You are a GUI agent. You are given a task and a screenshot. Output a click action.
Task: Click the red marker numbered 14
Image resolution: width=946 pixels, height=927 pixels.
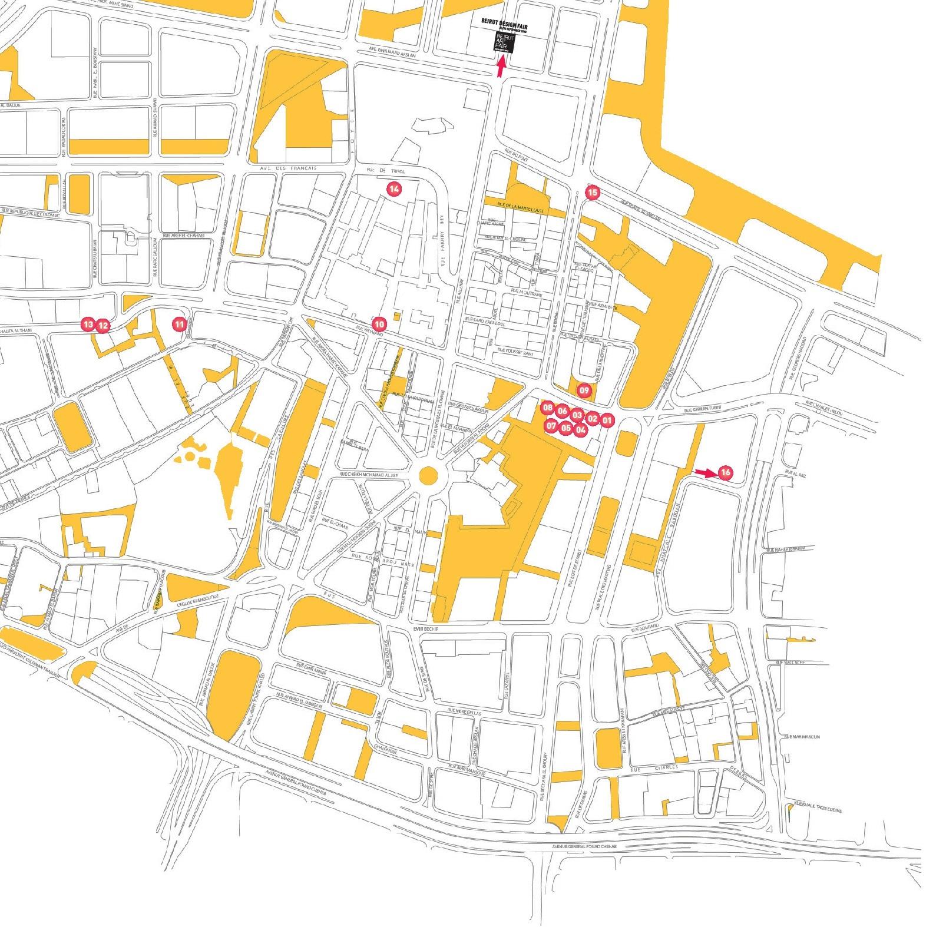coord(393,188)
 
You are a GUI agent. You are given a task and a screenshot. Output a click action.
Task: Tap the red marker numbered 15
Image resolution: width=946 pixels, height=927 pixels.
coord(593,192)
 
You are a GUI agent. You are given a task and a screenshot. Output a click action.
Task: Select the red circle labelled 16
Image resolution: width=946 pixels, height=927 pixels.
coord(725,472)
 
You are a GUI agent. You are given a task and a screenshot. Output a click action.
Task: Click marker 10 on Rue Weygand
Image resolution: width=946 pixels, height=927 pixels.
coord(379,324)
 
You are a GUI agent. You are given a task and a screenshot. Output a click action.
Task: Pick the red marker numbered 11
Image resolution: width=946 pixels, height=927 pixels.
coord(179,323)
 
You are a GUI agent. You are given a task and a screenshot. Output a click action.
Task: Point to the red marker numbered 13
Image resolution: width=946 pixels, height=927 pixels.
coord(87,324)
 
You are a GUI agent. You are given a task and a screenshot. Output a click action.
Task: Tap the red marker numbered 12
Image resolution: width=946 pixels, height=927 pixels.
coord(102,325)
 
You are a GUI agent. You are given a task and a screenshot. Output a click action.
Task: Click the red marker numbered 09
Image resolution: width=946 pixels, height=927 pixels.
coord(584,389)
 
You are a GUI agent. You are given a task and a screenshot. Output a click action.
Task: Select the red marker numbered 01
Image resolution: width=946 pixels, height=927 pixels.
coord(607,420)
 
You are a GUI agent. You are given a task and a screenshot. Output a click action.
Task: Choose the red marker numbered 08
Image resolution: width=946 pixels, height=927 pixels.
coord(548,408)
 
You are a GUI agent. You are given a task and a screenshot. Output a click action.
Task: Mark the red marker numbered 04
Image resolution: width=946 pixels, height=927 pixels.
coord(580,429)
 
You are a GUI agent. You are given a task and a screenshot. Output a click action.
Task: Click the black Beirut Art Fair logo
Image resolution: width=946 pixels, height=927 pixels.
coord(505,44)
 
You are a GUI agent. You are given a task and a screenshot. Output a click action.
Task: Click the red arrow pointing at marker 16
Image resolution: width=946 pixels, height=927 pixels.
coord(704,472)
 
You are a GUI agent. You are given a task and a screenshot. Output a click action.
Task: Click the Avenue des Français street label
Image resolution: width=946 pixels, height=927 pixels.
coord(289,168)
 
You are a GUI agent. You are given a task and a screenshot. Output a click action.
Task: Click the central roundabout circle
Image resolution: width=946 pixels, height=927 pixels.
coord(428,475)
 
